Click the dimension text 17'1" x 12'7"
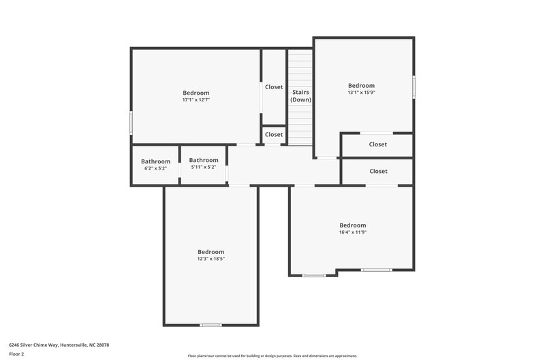coord(196,100)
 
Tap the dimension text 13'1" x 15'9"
coord(361,93)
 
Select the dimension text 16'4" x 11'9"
coord(353,232)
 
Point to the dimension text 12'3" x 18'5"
coord(211,259)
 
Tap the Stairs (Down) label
coord(300,95)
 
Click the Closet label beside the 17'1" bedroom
coord(274,87)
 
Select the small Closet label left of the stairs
coord(274,135)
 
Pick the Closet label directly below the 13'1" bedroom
coord(377,144)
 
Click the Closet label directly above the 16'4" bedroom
coord(377,172)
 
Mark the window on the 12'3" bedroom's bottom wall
coord(211,325)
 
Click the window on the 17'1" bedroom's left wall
coord(131,123)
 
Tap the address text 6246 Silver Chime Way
coord(59,345)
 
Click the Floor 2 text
coord(16,354)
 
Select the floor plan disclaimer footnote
coord(272,356)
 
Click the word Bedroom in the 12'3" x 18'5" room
coord(211,252)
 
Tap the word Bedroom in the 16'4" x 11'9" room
coord(353,225)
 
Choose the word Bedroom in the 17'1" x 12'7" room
coord(196,93)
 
